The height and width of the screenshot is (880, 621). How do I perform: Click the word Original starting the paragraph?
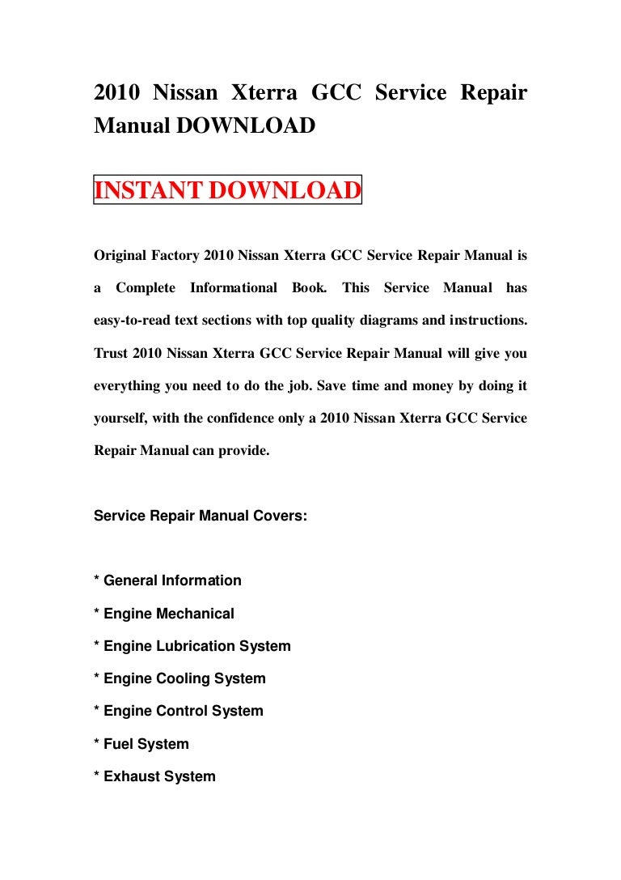(x=119, y=256)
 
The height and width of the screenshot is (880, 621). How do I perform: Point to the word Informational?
(x=234, y=288)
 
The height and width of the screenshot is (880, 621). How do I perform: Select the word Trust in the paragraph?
(x=110, y=353)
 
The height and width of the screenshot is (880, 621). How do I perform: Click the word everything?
(x=129, y=385)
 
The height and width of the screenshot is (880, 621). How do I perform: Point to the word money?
(x=394, y=385)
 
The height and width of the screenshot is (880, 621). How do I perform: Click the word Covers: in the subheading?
(x=278, y=515)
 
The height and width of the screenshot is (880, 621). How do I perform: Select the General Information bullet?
(x=168, y=580)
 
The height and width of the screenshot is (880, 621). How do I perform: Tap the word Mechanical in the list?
(x=195, y=614)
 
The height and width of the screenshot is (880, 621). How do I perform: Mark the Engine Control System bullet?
(x=179, y=711)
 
